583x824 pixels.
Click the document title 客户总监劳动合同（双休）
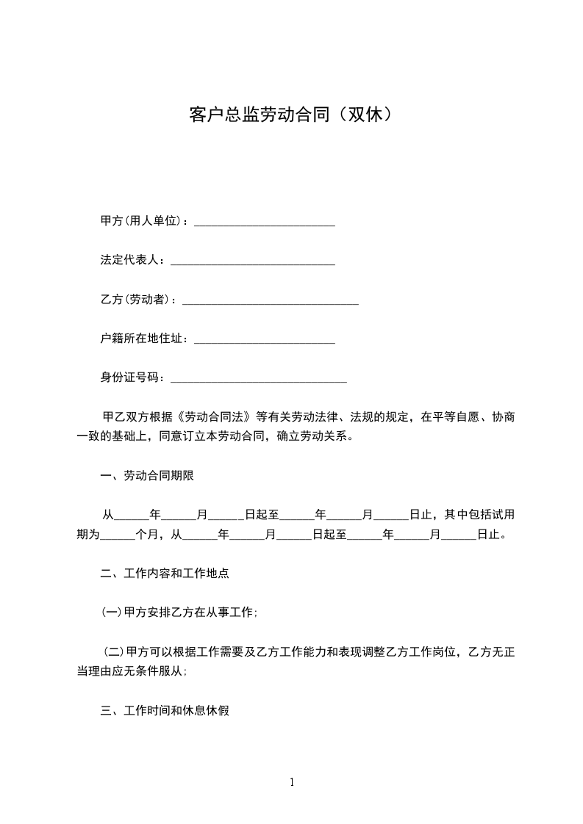[x=291, y=115]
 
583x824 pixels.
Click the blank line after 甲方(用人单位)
[x=264, y=222]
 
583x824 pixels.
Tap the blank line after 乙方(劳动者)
[x=270, y=300]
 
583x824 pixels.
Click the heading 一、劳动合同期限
[x=147, y=476]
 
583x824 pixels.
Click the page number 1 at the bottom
[x=292, y=782]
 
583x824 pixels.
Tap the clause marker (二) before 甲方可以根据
[x=113, y=651]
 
